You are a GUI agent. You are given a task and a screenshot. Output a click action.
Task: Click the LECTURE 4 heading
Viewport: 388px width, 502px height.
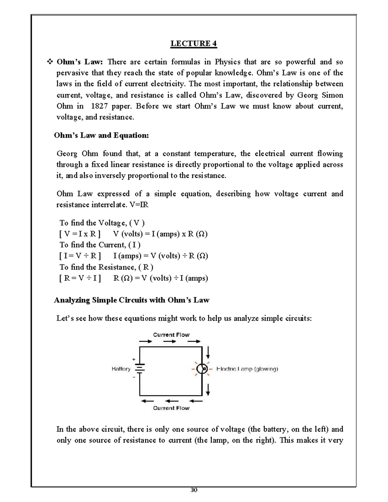[194, 44]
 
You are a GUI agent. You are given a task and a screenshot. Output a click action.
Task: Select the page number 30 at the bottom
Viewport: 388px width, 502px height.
[194, 490]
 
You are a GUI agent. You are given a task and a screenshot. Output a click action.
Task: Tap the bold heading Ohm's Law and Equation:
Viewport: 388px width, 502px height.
[101, 135]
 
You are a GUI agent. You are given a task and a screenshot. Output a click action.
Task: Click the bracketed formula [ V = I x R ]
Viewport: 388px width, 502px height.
[80, 234]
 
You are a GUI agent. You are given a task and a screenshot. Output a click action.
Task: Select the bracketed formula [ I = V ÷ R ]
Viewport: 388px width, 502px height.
[80, 256]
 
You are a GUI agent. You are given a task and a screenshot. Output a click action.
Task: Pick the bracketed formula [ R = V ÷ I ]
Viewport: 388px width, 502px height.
[80, 278]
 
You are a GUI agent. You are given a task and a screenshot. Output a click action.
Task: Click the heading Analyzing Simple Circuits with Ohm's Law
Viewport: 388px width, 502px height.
[131, 300]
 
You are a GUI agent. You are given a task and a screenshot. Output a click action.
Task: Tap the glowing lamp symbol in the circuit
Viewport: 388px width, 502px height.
[202, 369]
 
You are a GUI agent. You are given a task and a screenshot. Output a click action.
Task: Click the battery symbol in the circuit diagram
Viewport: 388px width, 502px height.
[140, 369]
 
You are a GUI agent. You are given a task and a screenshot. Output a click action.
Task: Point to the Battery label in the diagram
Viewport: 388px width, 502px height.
[121, 369]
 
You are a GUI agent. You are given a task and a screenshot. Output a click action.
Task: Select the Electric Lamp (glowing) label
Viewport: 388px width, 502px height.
[247, 369]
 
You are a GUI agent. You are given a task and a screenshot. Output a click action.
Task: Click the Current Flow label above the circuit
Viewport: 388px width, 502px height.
[171, 335]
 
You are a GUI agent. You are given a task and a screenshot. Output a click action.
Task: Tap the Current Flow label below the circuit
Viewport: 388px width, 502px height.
[171, 408]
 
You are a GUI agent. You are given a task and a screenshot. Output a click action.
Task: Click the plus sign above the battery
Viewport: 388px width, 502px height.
[134, 359]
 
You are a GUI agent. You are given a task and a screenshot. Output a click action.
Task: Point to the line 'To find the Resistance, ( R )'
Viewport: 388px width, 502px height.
[106, 267]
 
